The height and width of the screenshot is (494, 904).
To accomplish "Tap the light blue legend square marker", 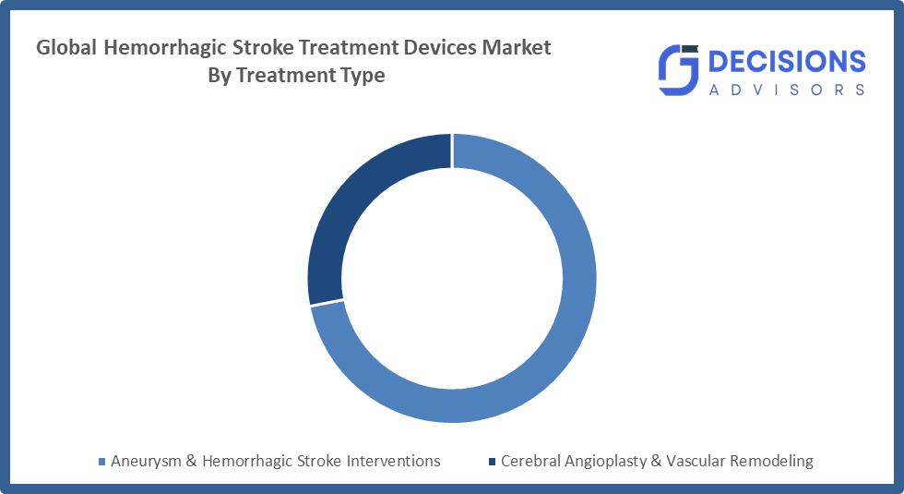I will coord(102,461).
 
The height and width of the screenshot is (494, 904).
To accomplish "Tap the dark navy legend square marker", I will coord(492,461).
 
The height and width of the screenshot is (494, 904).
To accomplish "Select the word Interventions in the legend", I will coord(396,461).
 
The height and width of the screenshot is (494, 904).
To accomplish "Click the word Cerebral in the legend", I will coord(530,461).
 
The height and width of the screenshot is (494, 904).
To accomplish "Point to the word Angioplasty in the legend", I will coord(610,461).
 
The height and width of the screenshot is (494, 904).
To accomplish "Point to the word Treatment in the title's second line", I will coord(282,76).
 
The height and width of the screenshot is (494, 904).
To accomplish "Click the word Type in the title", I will coord(363,76).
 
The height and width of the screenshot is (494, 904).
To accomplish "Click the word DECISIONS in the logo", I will coord(786,61).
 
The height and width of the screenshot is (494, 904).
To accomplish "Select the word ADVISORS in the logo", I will coord(786,90).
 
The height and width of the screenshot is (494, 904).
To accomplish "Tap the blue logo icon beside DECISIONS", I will coord(678,71).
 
